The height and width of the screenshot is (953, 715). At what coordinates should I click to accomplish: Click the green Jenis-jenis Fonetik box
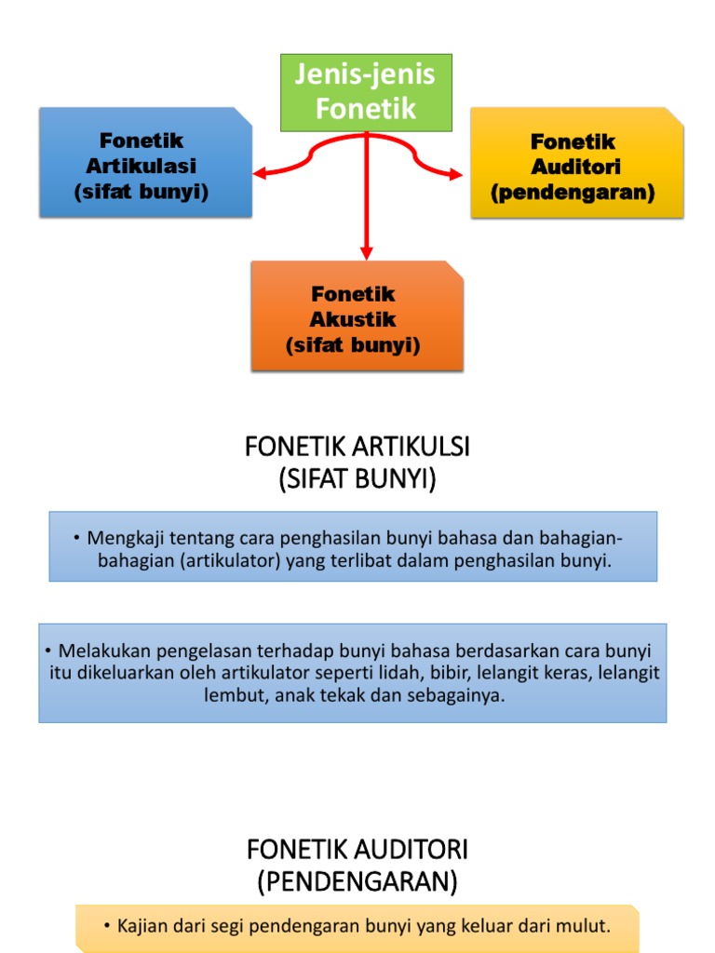(x=366, y=92)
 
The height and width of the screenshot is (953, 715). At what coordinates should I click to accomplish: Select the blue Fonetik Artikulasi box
(x=144, y=163)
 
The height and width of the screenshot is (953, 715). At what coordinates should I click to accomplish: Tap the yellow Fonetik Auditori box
(x=576, y=164)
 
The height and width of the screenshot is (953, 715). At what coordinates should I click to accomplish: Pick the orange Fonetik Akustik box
(x=357, y=316)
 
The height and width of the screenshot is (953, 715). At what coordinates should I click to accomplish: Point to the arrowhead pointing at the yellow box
(x=454, y=173)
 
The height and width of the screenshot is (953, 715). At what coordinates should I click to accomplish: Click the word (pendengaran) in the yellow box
(x=573, y=193)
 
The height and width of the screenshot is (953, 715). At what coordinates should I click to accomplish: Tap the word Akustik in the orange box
(x=353, y=319)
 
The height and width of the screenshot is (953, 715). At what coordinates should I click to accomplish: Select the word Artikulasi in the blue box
(x=142, y=166)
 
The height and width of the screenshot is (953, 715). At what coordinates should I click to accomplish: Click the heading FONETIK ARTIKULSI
(x=357, y=448)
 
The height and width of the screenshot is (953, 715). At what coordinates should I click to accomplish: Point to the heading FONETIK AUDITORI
(x=357, y=849)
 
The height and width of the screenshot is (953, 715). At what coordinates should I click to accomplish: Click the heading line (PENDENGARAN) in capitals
(x=357, y=880)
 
